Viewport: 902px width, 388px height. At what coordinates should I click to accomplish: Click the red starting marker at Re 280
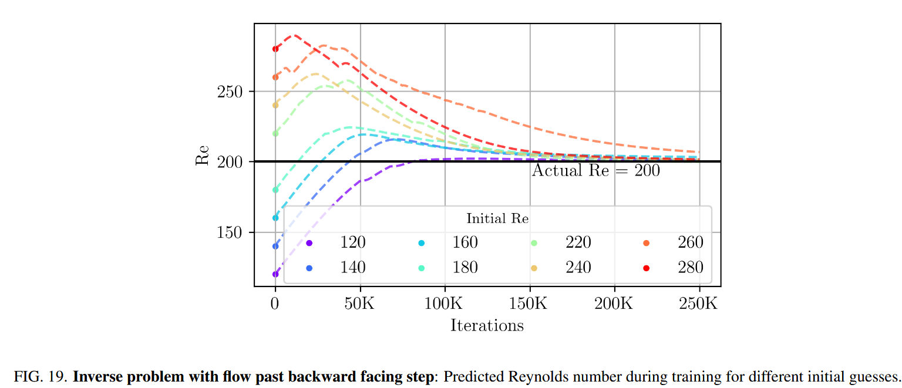click(x=275, y=49)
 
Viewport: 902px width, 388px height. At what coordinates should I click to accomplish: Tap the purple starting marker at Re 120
click(x=275, y=274)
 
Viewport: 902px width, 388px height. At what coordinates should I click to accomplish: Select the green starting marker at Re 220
click(x=275, y=133)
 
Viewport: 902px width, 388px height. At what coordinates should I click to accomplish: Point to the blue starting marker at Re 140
click(x=275, y=246)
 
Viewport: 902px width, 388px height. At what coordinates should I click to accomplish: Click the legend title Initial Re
click(x=497, y=219)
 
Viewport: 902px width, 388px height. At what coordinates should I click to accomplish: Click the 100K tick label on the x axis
click(x=445, y=304)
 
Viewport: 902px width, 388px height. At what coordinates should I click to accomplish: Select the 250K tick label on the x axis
click(x=699, y=304)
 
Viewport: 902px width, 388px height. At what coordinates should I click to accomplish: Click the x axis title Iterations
click(x=487, y=325)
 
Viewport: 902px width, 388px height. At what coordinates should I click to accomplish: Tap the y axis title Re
click(x=203, y=155)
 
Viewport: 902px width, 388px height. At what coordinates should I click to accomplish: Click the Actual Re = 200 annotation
click(x=595, y=171)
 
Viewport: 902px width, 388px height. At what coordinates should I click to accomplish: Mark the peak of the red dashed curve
click(x=294, y=35)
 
